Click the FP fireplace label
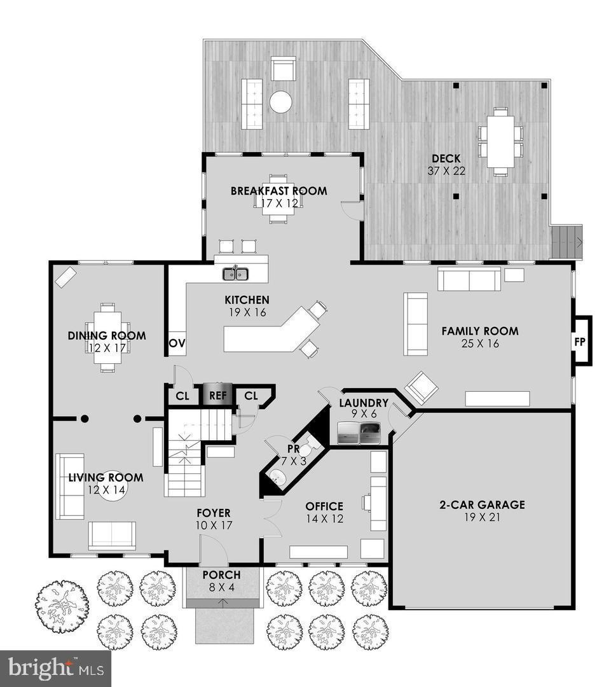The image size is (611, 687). (580, 341)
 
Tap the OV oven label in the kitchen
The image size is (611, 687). (176, 343)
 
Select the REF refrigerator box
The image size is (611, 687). (218, 395)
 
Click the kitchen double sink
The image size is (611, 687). (235, 274)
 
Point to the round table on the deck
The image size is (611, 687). (280, 102)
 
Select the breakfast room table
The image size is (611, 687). (278, 200)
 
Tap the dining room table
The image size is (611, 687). (107, 338)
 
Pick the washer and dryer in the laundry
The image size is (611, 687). (360, 433)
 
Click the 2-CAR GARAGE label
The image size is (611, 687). (482, 504)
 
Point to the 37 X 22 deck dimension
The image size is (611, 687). (446, 170)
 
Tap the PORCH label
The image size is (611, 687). (221, 575)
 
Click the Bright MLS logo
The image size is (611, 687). (55, 668)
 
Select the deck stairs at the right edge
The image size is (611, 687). (565, 242)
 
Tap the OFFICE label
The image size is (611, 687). (324, 506)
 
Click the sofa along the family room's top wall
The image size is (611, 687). (469, 279)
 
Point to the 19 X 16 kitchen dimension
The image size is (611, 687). (247, 312)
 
